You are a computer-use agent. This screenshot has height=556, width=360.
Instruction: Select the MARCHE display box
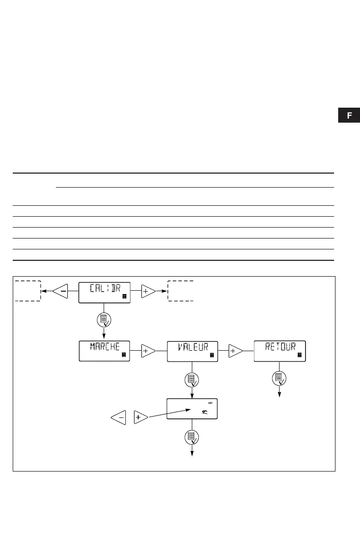pos(105,351)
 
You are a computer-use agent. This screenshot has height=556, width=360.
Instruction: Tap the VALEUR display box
pos(192,351)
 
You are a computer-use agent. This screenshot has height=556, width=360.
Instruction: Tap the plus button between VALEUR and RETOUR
pos(235,351)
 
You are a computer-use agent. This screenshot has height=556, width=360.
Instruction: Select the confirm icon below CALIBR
pos(104,319)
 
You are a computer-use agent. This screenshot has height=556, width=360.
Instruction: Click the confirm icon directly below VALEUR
pos(192,378)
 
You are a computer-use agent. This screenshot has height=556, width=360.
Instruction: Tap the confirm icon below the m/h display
pos(192,437)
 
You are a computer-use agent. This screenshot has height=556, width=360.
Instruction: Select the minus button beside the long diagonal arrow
pos(118,417)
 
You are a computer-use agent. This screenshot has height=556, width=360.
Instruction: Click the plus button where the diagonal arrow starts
pos(140,417)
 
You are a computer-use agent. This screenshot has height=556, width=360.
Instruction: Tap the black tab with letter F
pos(349,115)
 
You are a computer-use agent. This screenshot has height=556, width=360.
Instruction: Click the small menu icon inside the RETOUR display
pos(300,354)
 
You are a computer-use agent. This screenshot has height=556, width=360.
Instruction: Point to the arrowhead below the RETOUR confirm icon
pos(280,394)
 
